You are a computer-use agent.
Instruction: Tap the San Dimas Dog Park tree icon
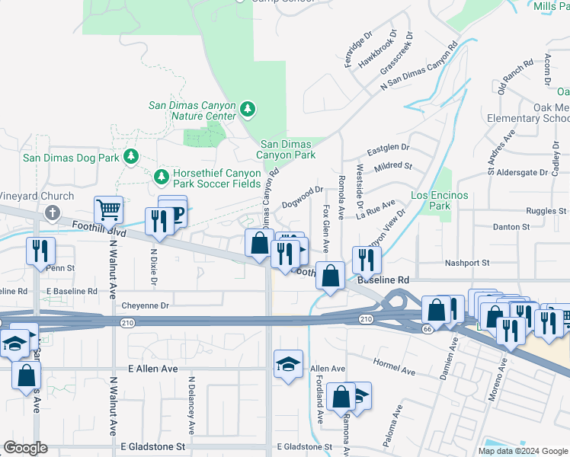tap(132, 157)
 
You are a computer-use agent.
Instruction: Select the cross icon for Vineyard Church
tap(52, 213)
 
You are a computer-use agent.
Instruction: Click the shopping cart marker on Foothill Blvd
tap(108, 209)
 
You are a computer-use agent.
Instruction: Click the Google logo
tap(25, 448)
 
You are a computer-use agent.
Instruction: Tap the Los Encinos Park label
tap(440, 200)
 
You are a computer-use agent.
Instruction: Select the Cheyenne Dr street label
tap(144, 306)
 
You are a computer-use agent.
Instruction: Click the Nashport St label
tap(467, 263)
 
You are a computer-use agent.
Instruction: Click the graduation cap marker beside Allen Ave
tap(289, 364)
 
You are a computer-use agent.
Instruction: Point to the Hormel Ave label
tap(394, 367)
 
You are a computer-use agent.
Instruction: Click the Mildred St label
tap(393, 165)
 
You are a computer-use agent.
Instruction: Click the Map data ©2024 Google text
tap(524, 450)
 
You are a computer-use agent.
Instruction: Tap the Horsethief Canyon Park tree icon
tap(161, 177)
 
